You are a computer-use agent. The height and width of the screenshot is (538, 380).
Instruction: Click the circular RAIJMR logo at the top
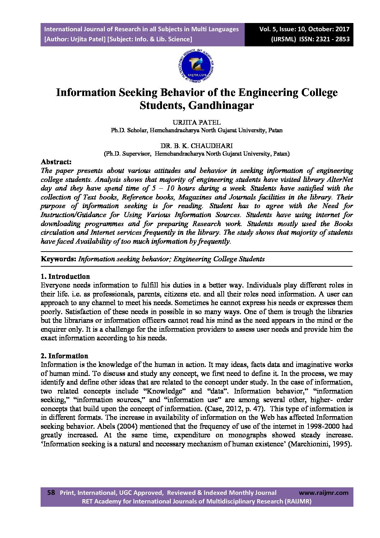pos(196,65)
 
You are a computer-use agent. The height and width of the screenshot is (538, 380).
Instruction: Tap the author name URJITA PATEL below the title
pos(196,123)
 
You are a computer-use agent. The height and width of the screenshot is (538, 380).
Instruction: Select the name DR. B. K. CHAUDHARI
pos(196,146)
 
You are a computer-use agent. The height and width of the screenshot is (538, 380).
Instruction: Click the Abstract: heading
pos(56,162)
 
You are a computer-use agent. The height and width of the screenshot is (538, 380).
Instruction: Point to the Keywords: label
pos(59,259)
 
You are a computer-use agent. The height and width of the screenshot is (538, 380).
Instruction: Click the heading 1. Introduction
pos(65,276)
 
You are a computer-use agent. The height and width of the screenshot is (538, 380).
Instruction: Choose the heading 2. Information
pos(64,356)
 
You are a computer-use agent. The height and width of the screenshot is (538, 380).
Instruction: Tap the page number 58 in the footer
pos(51,493)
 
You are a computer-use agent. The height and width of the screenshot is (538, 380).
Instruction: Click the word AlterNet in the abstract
pos(339,179)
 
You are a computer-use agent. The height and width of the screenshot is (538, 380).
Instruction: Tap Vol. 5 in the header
pos(268,29)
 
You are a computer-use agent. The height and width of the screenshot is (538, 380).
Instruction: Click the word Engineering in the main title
pos(268,92)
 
